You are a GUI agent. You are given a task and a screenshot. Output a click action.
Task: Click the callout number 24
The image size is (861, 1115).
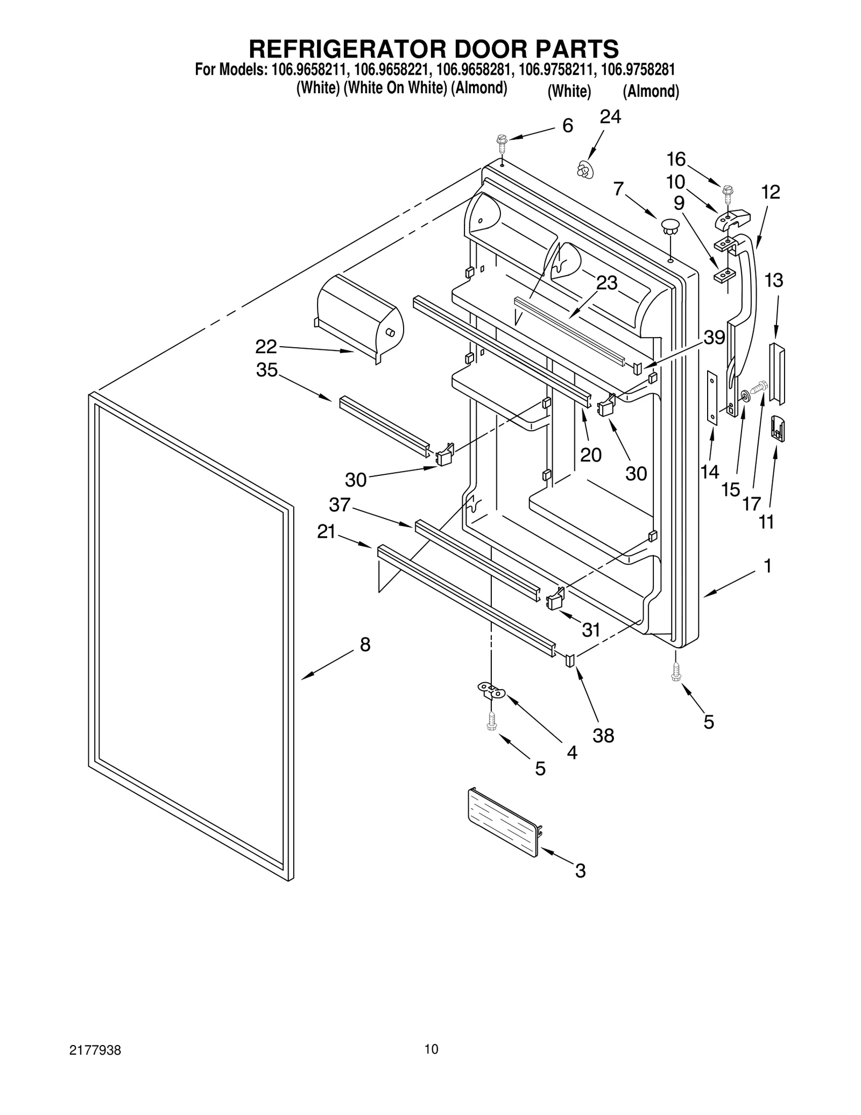(610, 117)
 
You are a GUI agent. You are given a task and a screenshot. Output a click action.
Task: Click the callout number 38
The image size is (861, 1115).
(603, 735)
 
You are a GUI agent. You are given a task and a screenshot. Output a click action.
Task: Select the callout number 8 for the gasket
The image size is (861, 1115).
(365, 644)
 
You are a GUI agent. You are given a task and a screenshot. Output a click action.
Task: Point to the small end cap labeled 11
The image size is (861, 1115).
(778, 428)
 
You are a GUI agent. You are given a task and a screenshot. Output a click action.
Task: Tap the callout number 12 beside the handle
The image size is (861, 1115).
(771, 192)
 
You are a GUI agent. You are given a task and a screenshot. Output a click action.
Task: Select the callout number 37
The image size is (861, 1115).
(340, 505)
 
